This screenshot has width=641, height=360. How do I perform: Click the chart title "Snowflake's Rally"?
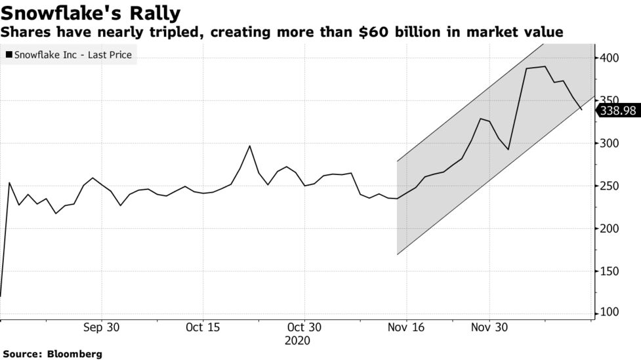91,12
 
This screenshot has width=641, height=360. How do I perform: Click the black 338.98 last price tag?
617,111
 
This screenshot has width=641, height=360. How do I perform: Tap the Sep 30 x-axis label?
101,328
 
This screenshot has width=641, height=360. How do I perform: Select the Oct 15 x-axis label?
203,328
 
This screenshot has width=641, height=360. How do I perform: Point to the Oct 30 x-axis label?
304,328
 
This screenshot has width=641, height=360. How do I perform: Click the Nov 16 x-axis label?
406,328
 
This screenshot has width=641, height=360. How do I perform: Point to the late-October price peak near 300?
249,146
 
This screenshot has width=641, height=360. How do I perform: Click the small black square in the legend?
9,55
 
